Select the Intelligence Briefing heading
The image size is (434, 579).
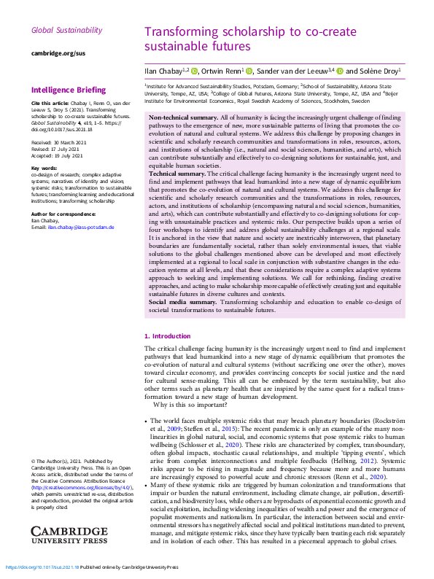point(69,90)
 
